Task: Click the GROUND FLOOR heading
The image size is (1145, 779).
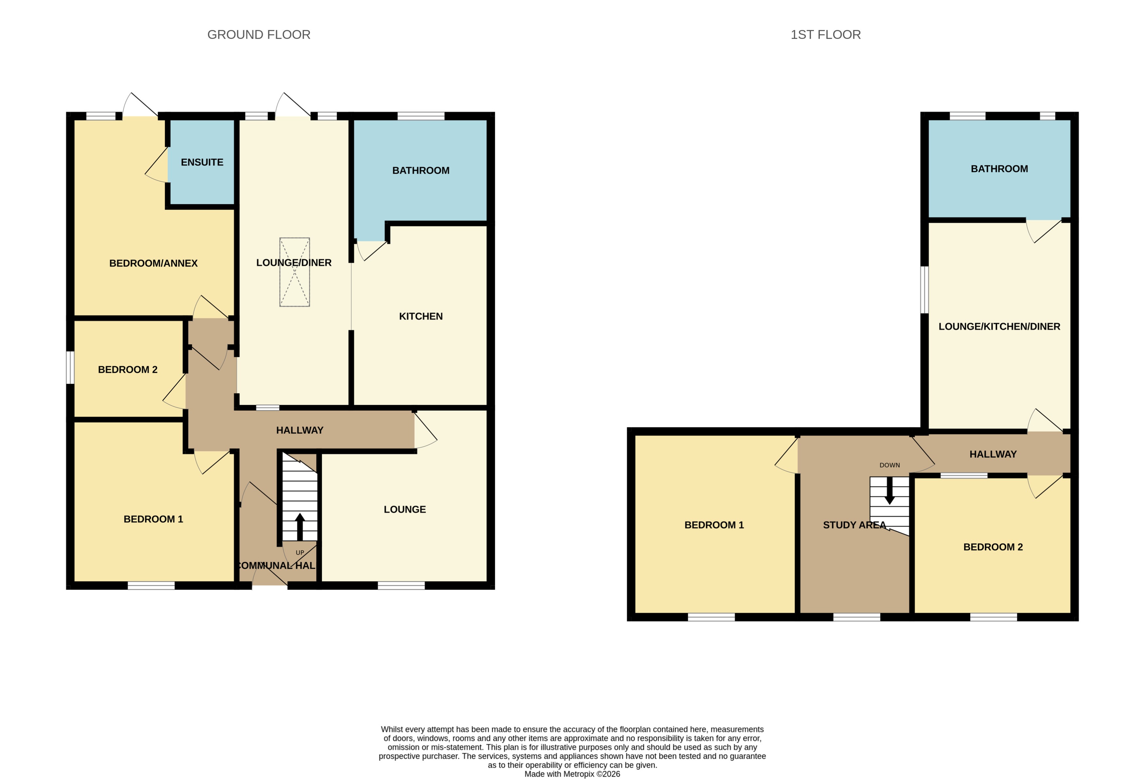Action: pyautogui.click(x=259, y=34)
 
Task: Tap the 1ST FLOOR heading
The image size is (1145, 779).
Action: pyautogui.click(x=825, y=34)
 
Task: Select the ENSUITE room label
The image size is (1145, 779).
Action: pyautogui.click(x=202, y=162)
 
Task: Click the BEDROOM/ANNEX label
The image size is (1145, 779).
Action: pyautogui.click(x=153, y=263)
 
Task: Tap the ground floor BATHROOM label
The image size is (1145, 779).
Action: pyautogui.click(x=421, y=170)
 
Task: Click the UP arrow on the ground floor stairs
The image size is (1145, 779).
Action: pyautogui.click(x=300, y=526)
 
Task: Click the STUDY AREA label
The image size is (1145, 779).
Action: pyautogui.click(x=854, y=525)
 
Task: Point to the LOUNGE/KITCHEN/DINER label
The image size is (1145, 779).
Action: pyautogui.click(x=999, y=326)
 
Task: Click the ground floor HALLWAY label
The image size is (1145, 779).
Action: pyautogui.click(x=300, y=430)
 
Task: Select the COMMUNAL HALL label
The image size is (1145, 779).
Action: pyautogui.click(x=277, y=565)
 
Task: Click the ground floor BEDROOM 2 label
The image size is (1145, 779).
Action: pyautogui.click(x=128, y=370)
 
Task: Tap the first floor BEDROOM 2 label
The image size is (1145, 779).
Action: pyautogui.click(x=993, y=547)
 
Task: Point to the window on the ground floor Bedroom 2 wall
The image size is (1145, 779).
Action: pyautogui.click(x=70, y=367)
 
